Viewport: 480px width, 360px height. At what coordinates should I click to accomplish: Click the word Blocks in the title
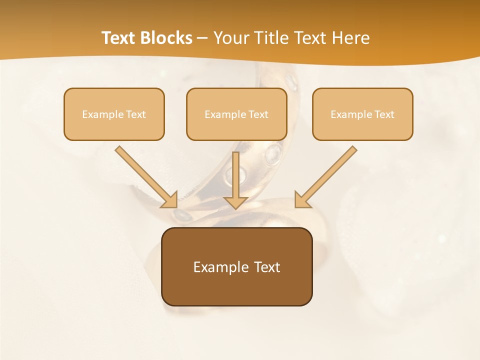(x=167, y=38)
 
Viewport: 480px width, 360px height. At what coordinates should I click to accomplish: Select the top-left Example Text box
(x=114, y=114)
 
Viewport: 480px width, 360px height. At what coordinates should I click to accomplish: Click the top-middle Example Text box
(x=236, y=114)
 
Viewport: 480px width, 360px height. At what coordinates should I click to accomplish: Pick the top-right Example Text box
(x=362, y=114)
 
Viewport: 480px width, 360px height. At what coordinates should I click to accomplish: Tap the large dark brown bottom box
(x=236, y=266)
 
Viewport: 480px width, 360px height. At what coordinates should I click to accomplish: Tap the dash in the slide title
(x=202, y=38)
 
